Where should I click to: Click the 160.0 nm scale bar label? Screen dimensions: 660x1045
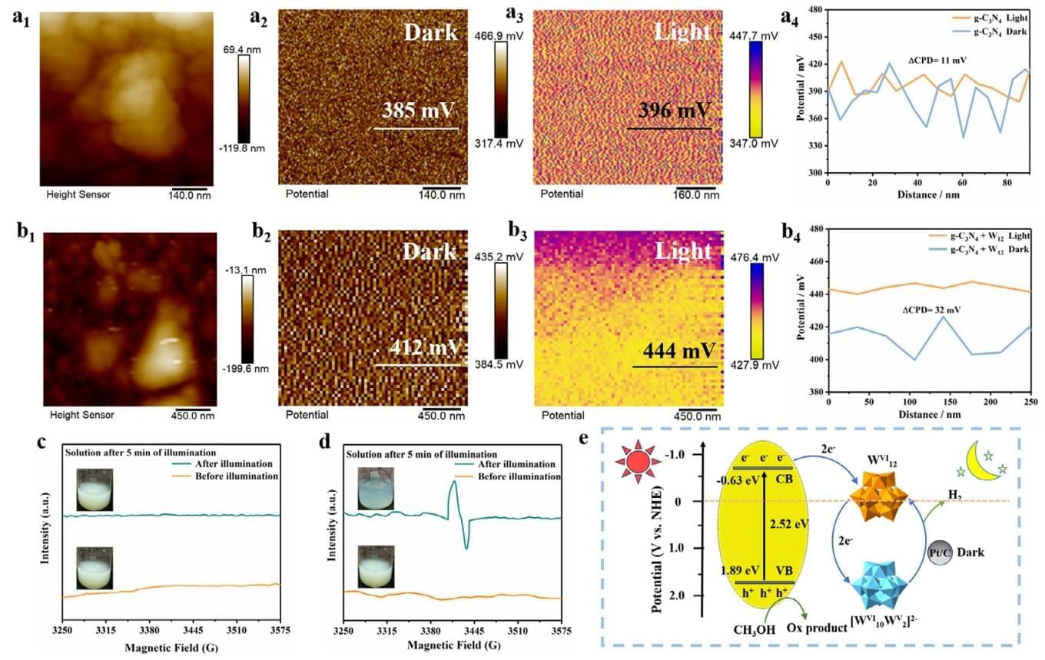pos(698,194)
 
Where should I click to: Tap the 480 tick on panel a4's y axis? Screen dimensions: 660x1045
pos(814,9)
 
